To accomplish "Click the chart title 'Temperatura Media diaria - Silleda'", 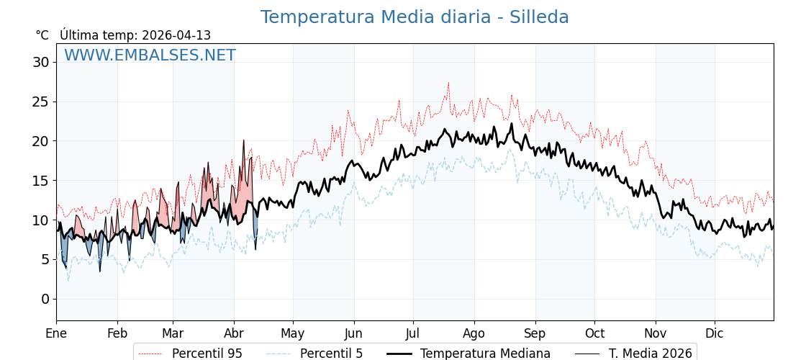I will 415,17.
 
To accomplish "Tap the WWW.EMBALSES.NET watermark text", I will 150,55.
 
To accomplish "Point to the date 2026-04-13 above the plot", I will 176,35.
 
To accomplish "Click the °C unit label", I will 42,35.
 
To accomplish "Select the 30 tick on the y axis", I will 40,62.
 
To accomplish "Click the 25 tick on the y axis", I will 40,102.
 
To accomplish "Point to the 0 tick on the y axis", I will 45,299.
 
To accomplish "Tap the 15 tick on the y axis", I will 40,180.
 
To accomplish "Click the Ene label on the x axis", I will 56,333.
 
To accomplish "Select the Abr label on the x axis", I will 234,333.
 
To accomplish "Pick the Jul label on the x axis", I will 413,333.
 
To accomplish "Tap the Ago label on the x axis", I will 474,333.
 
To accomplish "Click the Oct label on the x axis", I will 594,333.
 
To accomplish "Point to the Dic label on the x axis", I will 715,333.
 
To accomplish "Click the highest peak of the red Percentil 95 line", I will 448,83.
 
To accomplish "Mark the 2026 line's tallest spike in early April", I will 243,140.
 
